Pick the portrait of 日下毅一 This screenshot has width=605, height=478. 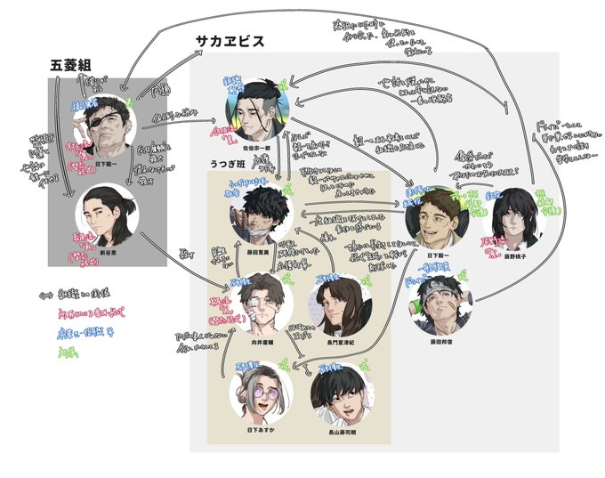434,216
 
